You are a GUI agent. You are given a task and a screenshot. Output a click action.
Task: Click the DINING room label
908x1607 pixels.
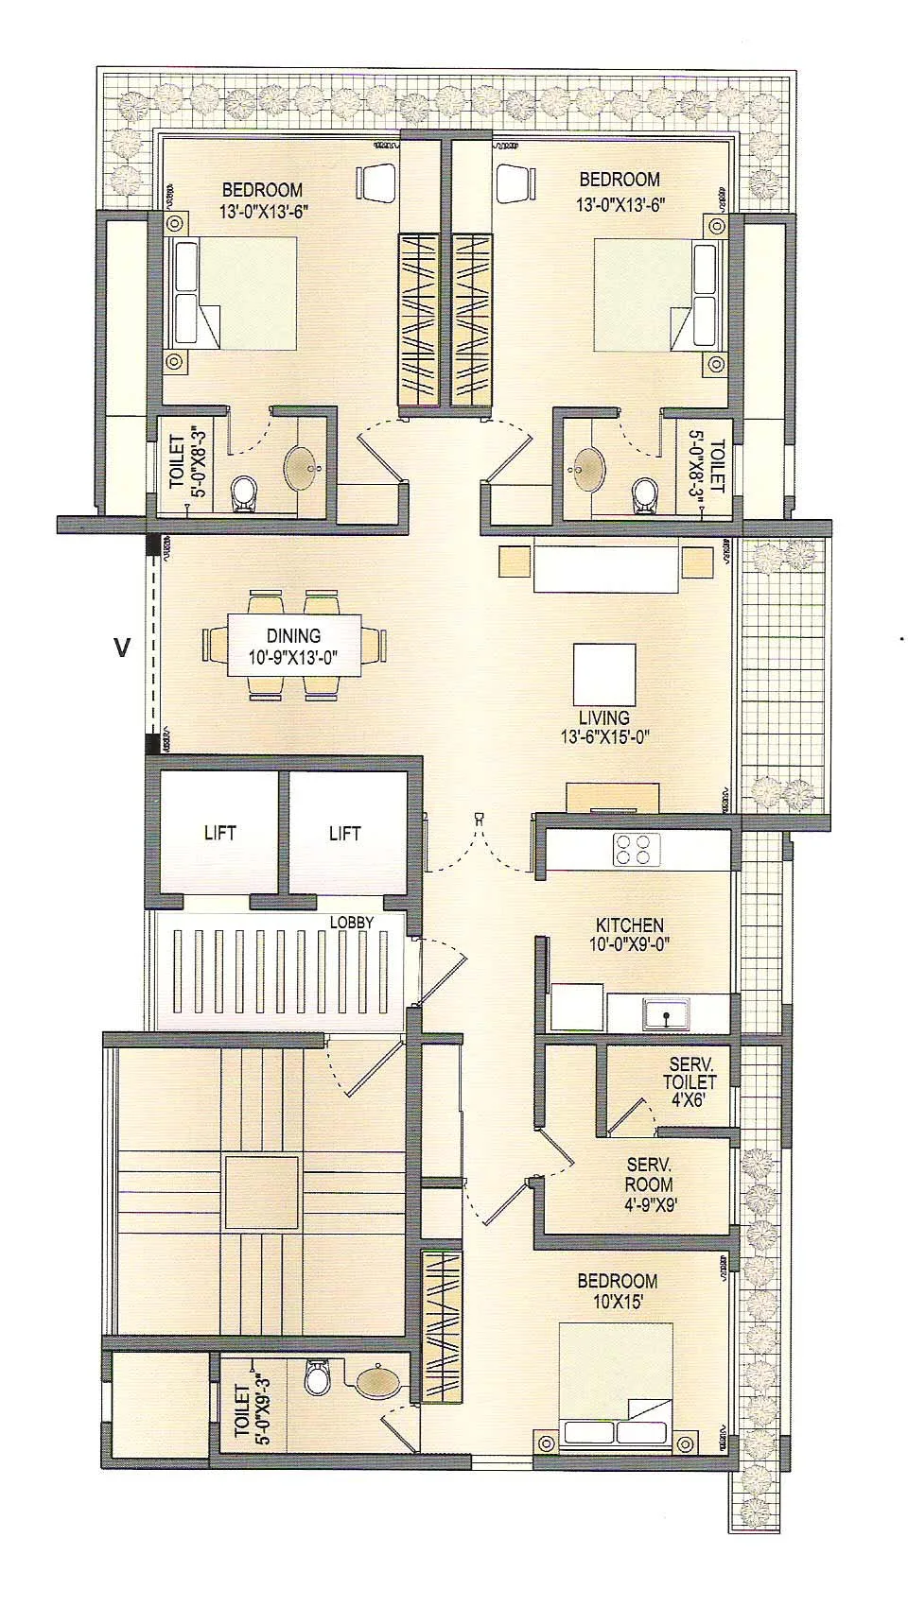pos(293,637)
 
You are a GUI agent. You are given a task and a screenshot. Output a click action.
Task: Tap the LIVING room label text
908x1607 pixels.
pos(603,717)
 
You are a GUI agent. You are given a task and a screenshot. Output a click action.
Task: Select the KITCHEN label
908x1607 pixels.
pos(629,924)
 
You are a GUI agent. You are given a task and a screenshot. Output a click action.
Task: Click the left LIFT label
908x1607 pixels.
pos(219,833)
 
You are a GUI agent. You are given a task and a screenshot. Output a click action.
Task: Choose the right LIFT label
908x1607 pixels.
pos(344,833)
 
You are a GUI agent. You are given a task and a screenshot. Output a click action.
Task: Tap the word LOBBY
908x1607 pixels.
pos(351,922)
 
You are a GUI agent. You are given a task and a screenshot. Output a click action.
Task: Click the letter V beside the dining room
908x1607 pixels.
pos(120,648)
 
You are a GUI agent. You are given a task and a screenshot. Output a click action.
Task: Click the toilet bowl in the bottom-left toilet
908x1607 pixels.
pos(316,1379)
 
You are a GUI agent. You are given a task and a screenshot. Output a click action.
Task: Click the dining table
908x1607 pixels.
pos(293,646)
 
